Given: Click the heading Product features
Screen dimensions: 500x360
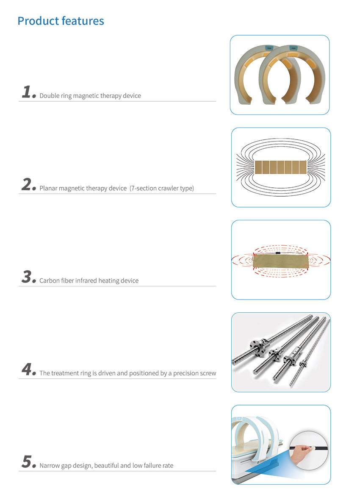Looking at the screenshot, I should [61, 21].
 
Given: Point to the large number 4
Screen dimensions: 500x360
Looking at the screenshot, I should [28, 369].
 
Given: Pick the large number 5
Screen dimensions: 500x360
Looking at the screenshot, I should [28, 462].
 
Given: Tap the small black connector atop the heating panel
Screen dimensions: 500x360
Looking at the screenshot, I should [278, 253].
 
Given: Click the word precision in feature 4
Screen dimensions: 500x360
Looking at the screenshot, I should [184, 373].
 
